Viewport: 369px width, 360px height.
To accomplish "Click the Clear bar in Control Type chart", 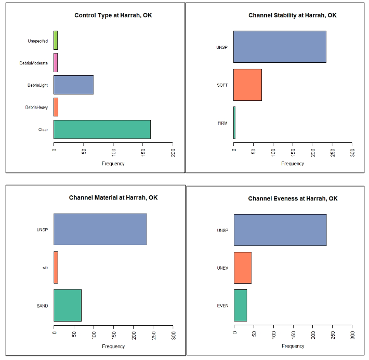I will coord(102,129).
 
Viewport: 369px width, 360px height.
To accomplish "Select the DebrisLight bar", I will coord(73,85).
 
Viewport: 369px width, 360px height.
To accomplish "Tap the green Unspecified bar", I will coord(56,41).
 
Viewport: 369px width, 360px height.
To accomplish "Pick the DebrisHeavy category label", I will coord(36,108).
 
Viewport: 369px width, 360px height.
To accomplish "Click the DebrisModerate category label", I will coord(34,63).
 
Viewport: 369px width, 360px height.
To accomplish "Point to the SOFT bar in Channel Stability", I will coord(247,85).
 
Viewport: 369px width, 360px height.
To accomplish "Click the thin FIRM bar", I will coord(234,123).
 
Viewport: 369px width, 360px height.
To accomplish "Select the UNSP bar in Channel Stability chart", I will coord(280,47).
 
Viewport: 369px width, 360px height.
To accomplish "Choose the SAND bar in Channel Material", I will coord(68,305).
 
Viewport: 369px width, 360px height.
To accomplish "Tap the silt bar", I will coord(56,268).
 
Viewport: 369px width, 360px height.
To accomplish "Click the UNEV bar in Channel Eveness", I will coord(243,268).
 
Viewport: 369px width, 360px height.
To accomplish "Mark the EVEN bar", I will coord(240,305).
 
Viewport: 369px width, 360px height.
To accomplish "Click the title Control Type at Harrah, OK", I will coord(113,15).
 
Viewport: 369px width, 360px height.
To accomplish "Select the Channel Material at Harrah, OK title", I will coord(113,198).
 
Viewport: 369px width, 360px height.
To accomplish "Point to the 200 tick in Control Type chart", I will coord(173,153).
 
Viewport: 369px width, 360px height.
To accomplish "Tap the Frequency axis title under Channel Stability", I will coord(293,164).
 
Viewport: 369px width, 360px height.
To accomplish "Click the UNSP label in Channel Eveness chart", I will coord(222,230).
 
